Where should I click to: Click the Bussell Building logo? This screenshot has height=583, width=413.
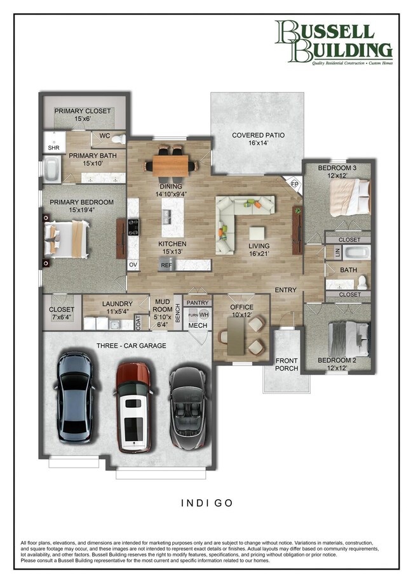[333, 43]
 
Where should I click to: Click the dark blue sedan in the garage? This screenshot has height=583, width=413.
[76, 398]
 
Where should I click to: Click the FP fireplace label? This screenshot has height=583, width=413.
[294, 184]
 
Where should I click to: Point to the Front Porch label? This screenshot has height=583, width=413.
[287, 364]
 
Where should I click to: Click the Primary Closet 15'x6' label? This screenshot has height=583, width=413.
[83, 115]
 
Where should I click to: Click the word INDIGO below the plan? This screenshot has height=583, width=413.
[207, 503]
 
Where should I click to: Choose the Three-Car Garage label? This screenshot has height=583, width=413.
[132, 346]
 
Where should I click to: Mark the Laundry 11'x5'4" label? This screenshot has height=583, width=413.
[117, 308]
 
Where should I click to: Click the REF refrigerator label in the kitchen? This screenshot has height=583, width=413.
[166, 265]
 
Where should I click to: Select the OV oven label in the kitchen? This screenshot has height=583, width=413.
[132, 265]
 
